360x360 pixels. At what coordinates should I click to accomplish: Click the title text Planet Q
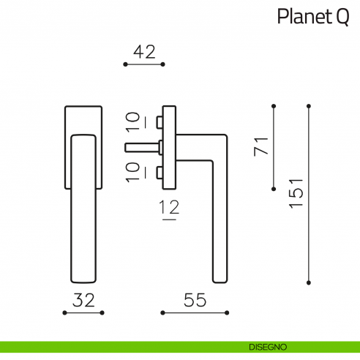point(312,17)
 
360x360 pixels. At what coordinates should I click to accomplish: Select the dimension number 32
point(83,299)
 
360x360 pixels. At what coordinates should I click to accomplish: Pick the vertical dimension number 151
point(296,193)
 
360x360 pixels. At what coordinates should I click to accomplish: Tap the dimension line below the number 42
point(144,65)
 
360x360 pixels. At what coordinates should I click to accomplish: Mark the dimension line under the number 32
point(83,313)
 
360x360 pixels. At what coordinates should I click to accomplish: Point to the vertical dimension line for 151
point(310,193)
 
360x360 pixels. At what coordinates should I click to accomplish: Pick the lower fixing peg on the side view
point(160,173)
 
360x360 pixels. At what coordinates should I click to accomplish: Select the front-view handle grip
point(83,212)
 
